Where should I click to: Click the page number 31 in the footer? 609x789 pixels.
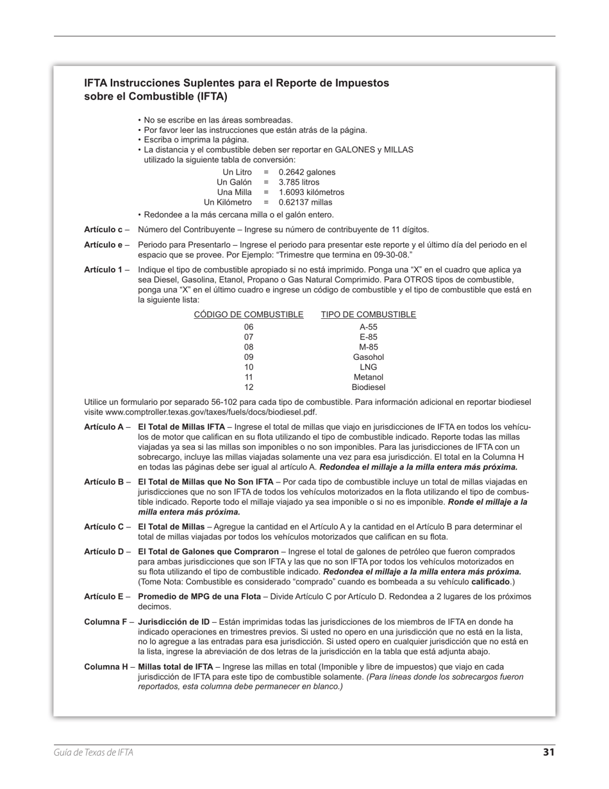point(548,752)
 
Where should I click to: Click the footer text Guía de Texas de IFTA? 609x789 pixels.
point(94,752)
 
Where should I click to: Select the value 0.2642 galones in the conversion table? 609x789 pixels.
point(306,172)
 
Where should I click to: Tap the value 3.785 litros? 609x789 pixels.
point(299,182)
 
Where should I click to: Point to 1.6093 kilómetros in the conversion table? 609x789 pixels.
point(311,192)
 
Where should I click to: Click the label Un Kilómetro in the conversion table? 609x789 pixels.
point(228,202)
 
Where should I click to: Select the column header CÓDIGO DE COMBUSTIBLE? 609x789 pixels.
point(249,314)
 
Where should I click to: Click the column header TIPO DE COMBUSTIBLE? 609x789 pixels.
point(368,314)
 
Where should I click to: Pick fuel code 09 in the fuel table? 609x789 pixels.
point(249,357)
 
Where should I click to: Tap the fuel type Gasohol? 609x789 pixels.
point(368,357)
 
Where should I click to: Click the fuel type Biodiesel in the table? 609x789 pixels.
point(368,387)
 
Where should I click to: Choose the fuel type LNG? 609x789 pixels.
point(368,367)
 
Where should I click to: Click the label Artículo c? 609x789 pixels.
point(103,230)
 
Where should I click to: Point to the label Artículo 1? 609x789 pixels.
point(103,269)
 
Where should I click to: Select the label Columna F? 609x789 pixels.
point(105,622)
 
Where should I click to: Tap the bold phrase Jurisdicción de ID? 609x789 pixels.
point(174,622)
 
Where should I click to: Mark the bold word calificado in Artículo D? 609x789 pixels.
point(490,582)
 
